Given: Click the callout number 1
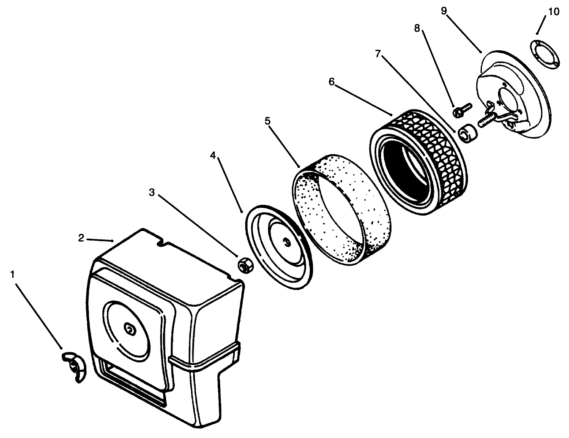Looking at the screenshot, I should point(13,275).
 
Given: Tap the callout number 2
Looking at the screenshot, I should point(81,238).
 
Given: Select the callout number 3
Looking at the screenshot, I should point(152,193).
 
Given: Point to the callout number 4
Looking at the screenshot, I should point(213,155).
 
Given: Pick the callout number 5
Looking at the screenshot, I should point(267,121).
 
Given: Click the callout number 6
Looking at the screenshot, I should point(332,82).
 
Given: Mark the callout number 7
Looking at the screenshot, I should point(378,54).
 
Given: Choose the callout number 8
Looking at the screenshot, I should point(417,29).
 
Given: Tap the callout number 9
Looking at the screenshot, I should point(444,11).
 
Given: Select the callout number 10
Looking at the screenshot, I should point(553,12).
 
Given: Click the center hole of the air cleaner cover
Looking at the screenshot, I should point(129,329).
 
